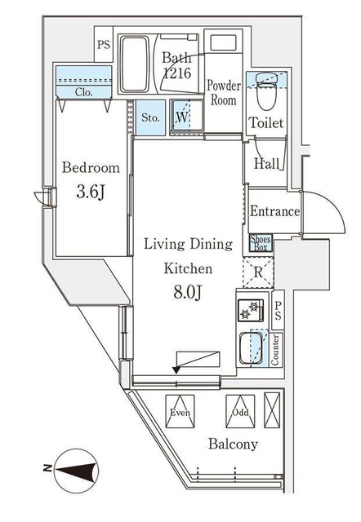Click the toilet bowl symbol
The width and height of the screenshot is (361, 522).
(266, 92)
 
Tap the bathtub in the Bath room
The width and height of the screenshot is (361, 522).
(135, 64)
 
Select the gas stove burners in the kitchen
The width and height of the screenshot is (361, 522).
(251, 311)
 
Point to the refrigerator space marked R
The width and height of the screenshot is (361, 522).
(258, 272)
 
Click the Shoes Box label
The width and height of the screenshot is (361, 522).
(261, 243)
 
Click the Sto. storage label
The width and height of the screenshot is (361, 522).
(150, 117)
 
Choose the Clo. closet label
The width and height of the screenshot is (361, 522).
(83, 91)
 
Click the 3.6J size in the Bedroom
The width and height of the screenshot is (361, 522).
(91, 192)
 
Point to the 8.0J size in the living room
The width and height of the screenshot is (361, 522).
(187, 293)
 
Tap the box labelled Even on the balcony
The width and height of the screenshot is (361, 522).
(180, 411)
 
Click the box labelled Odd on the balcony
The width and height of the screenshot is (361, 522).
(240, 411)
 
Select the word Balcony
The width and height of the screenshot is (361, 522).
(233, 445)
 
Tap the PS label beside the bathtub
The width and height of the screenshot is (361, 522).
(104, 44)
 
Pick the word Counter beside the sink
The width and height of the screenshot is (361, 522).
(276, 350)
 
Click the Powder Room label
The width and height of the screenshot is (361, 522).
(223, 93)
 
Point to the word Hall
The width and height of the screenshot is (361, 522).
(267, 163)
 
